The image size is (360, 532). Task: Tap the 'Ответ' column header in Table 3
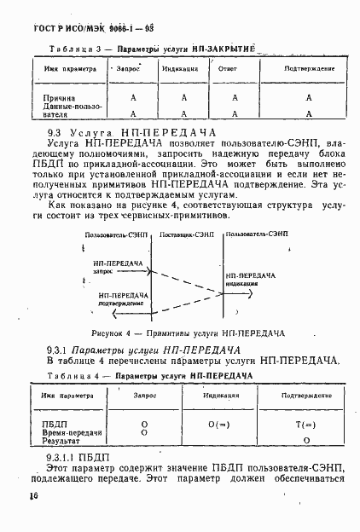coord(227,66)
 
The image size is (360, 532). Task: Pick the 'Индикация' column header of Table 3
coord(177,66)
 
